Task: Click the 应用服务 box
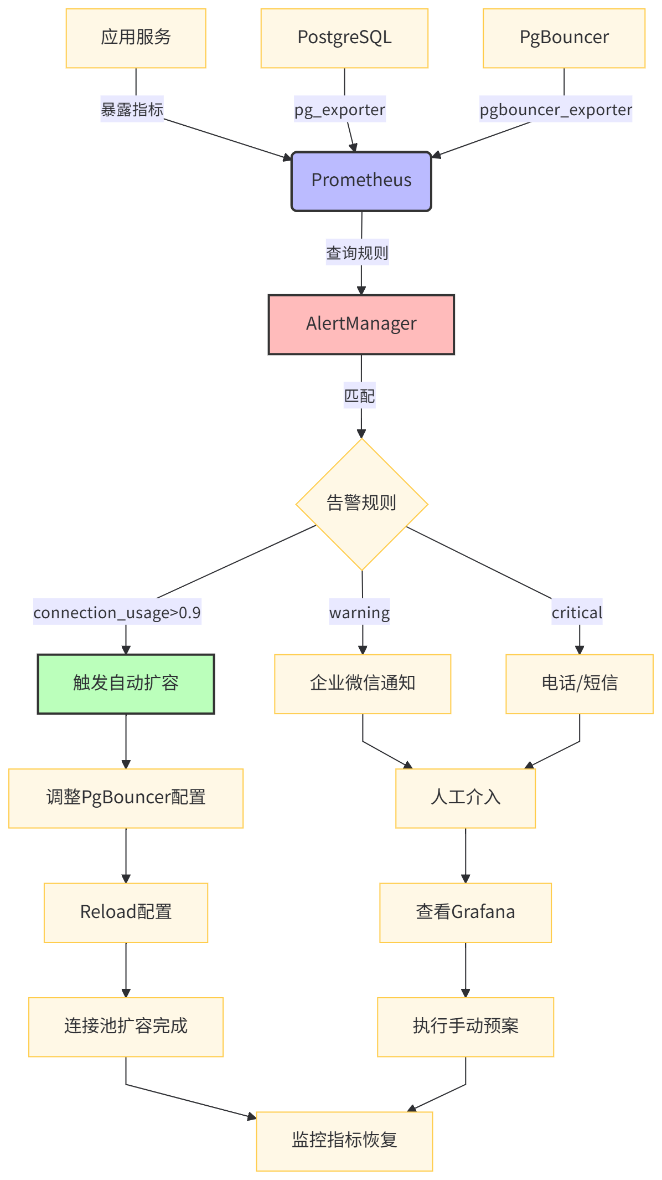[x=136, y=38]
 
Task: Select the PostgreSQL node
[x=344, y=38]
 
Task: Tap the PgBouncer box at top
[x=564, y=38]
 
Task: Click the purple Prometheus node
[x=361, y=181]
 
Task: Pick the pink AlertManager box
[x=361, y=324]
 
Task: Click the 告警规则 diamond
[x=361, y=504]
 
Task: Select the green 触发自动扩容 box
[x=126, y=684]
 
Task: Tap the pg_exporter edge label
[x=339, y=110]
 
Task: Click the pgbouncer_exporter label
[x=555, y=110]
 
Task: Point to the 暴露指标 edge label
[x=132, y=110]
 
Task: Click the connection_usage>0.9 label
[x=117, y=612]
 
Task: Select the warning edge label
[x=359, y=612]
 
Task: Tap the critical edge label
[x=577, y=612]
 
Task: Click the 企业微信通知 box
[x=363, y=684]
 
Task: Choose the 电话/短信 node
[x=579, y=684]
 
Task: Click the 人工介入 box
[x=466, y=798]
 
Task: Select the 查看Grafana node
[x=466, y=912]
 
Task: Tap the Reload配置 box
[x=126, y=912]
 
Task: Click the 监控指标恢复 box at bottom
[x=344, y=1141]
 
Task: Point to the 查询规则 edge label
[x=357, y=253]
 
